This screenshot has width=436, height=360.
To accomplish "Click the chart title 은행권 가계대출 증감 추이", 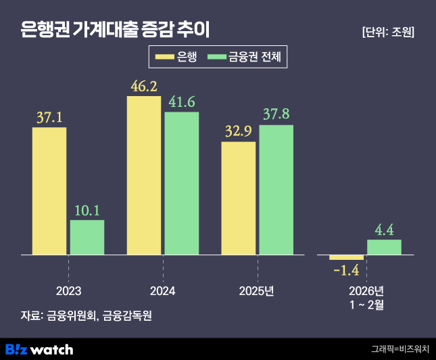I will (x=116, y=30).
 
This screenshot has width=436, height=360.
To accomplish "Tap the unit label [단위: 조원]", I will (x=388, y=32).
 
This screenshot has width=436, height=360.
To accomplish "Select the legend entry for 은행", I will (x=178, y=58).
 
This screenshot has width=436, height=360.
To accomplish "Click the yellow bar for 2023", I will (x=49, y=191).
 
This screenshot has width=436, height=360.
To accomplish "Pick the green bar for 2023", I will (x=87, y=237).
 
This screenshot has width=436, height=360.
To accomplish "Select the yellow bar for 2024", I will (x=144, y=175).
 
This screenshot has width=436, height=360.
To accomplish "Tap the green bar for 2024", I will (x=182, y=183).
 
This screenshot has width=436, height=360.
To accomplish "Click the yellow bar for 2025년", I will (x=239, y=198).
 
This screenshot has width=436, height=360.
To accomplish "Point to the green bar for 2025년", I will (x=276, y=189).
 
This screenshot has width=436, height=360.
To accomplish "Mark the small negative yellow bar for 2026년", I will (x=347, y=257).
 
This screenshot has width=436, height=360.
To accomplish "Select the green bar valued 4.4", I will (x=384, y=247).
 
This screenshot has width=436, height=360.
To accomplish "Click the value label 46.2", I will (x=144, y=87).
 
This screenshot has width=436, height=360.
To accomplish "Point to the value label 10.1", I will (x=87, y=210).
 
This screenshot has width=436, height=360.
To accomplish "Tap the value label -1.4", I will (x=346, y=271).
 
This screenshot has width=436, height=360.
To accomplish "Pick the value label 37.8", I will (x=276, y=113).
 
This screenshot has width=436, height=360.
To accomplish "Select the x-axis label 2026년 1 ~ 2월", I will (x=366, y=297).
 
